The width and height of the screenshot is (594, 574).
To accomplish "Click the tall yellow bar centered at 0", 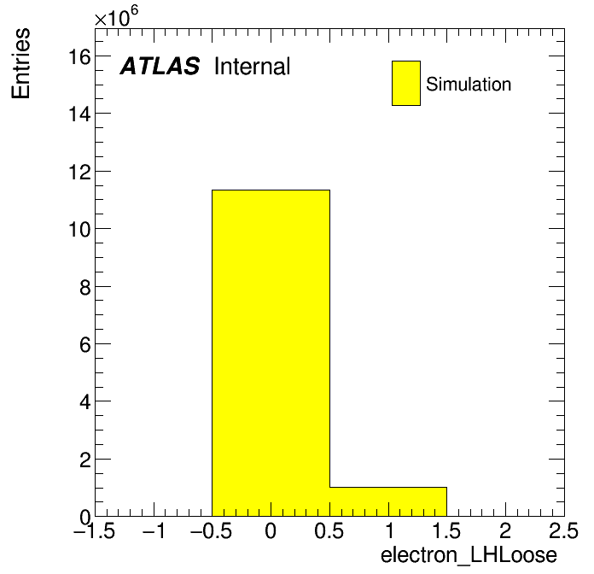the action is coord(271,353).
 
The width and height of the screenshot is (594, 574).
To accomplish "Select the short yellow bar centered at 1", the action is coord(388,501).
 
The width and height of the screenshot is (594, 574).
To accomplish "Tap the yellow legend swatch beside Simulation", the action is coord(406,83).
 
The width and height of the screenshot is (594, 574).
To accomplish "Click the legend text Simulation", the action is coord(469,85).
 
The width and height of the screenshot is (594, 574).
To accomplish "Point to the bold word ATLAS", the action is coord(160,66).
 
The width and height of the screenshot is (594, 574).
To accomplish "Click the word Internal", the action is coord(253,67).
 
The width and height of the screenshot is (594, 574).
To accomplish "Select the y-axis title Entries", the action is coord(20,63).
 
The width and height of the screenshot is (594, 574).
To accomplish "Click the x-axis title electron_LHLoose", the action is coord(469,555).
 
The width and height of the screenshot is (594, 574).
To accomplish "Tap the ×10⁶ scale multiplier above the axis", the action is coord(116,16).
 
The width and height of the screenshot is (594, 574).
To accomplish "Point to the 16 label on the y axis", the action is coord(79,57).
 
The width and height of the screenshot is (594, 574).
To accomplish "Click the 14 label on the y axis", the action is coord(79,114).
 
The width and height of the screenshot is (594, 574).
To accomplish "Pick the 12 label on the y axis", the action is coord(79,173).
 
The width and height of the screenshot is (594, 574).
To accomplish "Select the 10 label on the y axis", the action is coord(79,230).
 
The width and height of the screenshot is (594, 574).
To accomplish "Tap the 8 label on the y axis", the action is coord(85,287).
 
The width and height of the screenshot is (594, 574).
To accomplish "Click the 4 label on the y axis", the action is coord(85,401).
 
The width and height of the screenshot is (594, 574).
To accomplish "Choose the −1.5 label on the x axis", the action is coord(95,530).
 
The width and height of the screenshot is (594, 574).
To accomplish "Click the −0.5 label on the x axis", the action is coord(212,530).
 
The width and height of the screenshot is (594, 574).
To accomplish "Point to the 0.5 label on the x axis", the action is coord(329,530).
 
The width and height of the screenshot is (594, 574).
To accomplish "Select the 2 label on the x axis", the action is coord(505,530).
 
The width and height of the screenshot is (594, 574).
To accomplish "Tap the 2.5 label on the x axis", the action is coord(563,530).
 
